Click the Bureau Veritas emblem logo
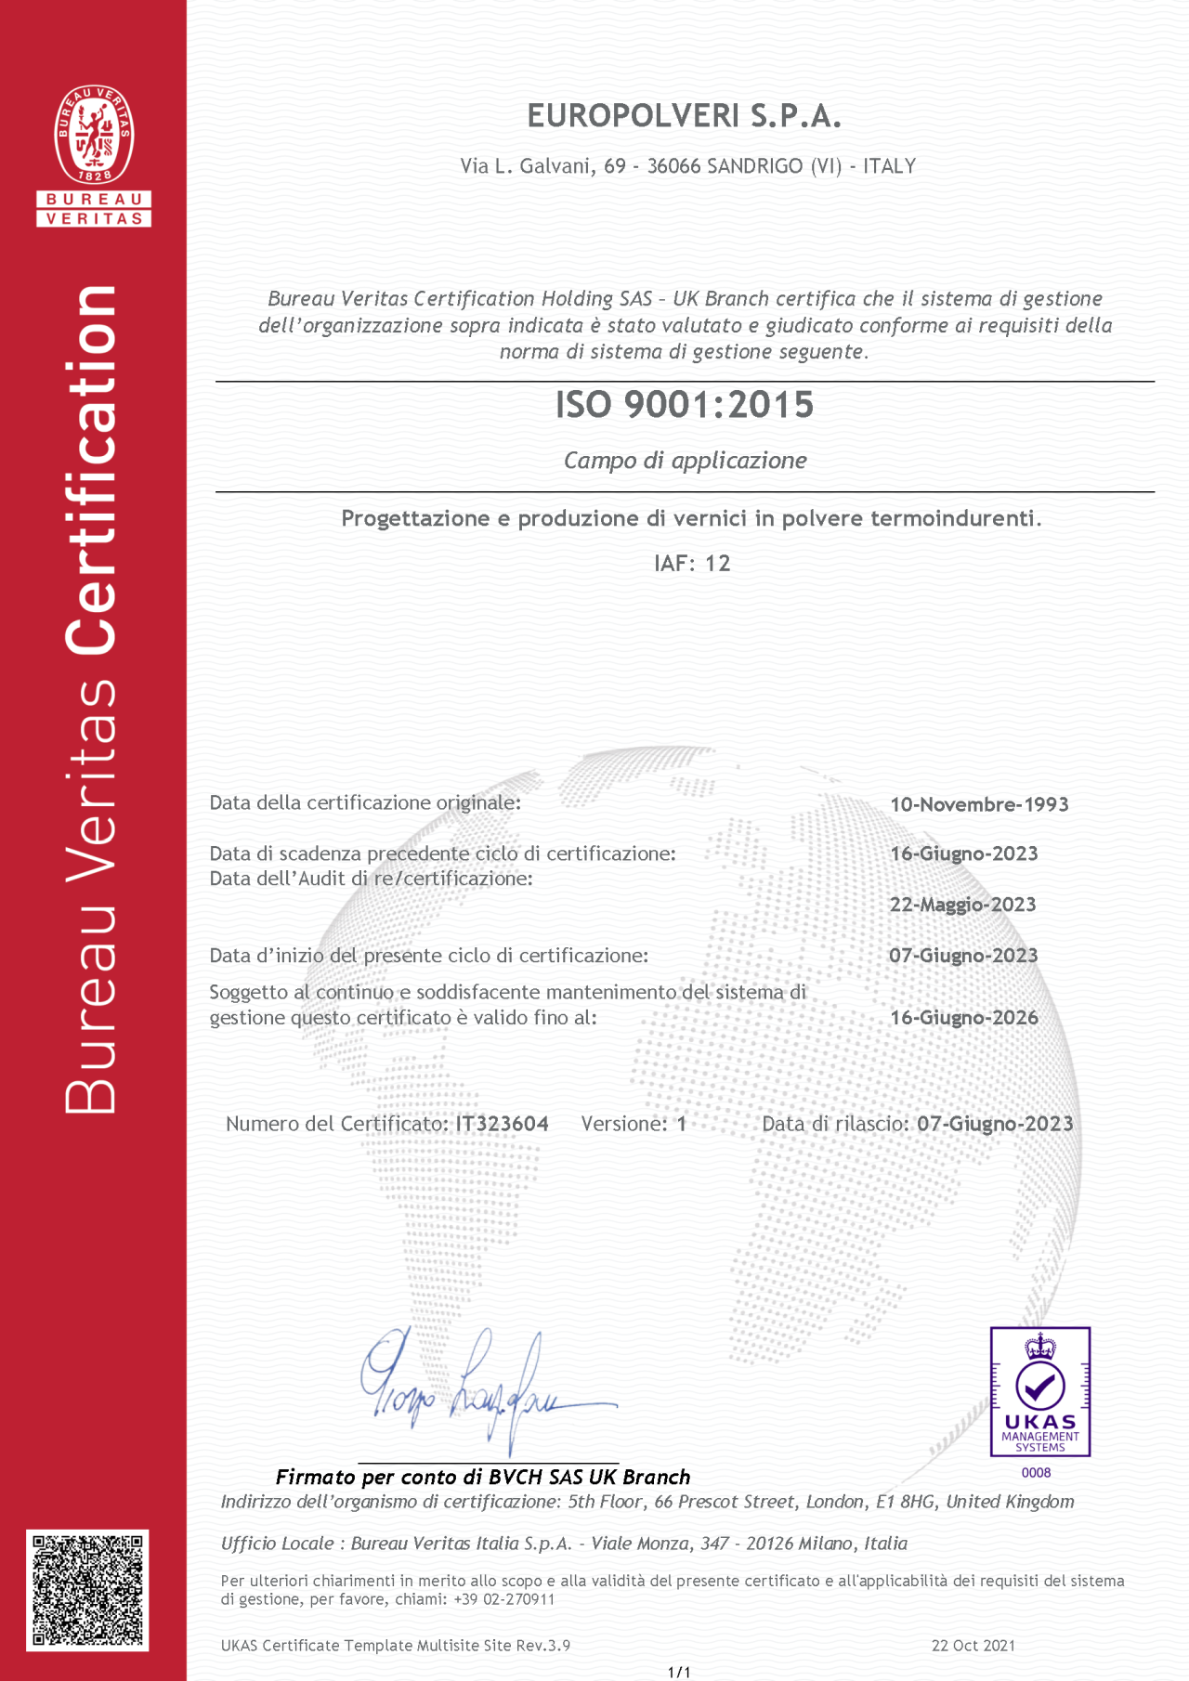[94, 136]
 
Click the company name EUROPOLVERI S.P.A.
[684, 116]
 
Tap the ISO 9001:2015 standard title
[685, 405]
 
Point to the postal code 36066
[673, 166]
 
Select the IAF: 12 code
[692, 564]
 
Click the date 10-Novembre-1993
[979, 804]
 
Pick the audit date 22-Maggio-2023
[962, 905]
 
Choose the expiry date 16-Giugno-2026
[963, 1018]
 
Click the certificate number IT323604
[502, 1124]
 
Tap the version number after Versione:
[682, 1124]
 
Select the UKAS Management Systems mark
[1039, 1391]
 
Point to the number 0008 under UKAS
[1036, 1473]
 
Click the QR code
[87, 1590]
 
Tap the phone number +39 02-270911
[504, 1599]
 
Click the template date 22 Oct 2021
[973, 1646]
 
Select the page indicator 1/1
[679, 1673]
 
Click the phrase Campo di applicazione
[686, 461]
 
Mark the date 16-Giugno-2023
[963, 854]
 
